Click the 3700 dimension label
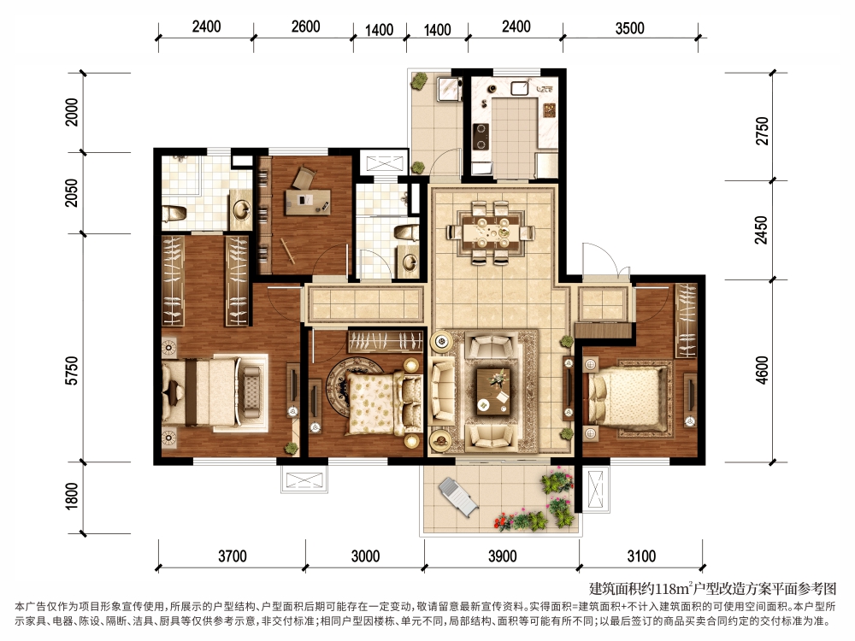(233, 556)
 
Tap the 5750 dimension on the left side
(72, 371)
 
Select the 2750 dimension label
(762, 131)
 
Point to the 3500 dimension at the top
(630, 28)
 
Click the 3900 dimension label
(502, 556)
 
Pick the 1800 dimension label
(72, 496)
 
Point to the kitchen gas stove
(481, 136)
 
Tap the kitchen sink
(521, 88)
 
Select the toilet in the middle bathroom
(406, 232)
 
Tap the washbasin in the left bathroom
(241, 209)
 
